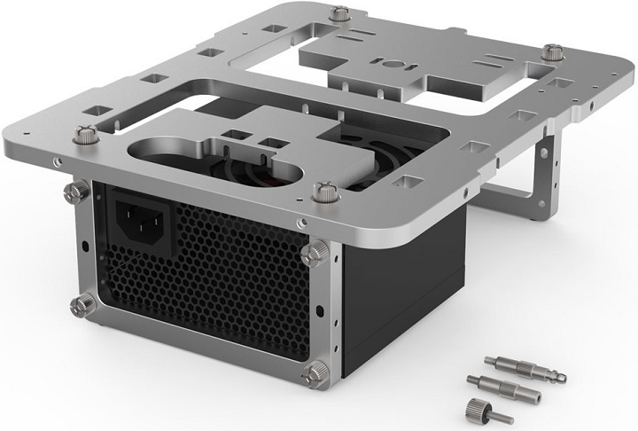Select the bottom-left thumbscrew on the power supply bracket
point(82,304)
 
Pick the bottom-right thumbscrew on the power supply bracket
point(315,373)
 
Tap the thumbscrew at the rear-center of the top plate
point(341,15)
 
